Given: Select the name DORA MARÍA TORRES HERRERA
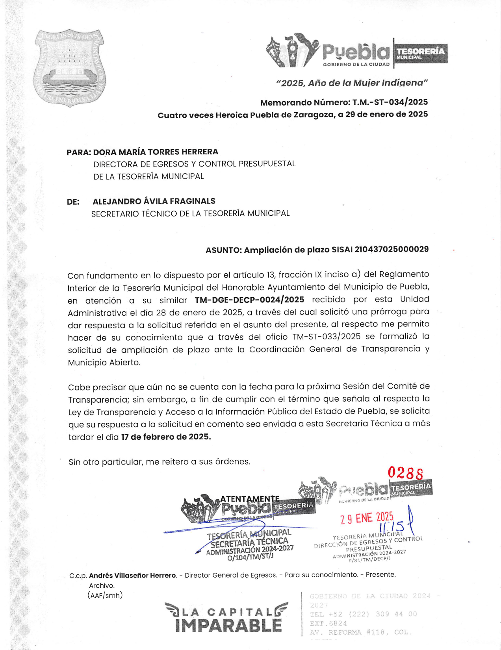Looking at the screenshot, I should click(x=156, y=152).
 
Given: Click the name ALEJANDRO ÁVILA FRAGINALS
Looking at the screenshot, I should click(x=154, y=201).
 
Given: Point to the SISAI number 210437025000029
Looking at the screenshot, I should click(x=392, y=250).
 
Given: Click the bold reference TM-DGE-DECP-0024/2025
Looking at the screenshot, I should click(x=249, y=300).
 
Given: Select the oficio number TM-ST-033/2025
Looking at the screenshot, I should click(x=327, y=337).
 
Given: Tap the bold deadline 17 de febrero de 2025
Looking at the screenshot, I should click(x=166, y=437).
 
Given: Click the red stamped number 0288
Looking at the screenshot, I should click(x=406, y=472).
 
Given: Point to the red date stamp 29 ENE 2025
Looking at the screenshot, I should click(x=367, y=518).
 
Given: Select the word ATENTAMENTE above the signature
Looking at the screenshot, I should click(x=250, y=499).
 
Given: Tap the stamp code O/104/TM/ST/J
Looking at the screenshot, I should click(x=250, y=557).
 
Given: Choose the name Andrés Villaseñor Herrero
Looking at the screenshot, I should click(x=132, y=575).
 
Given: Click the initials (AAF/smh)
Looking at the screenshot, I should click(x=105, y=595).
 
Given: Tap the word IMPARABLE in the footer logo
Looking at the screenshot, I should click(x=228, y=626).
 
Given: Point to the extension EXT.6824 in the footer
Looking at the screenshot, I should click(x=328, y=623).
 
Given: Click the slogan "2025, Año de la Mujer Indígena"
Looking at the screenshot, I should click(x=352, y=83).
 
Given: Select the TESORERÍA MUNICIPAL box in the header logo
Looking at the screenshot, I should click(x=420, y=53).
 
